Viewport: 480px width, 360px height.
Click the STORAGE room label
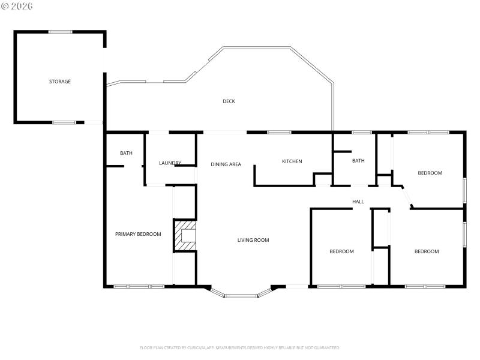60,82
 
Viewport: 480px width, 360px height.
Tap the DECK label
229,101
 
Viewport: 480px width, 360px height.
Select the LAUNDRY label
170,163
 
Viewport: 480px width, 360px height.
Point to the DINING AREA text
226,164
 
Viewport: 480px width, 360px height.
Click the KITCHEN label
292,161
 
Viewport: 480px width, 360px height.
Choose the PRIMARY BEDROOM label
138,234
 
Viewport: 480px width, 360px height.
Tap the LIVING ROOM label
253,240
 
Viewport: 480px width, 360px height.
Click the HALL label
358,202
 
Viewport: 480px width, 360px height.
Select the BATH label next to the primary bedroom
126,153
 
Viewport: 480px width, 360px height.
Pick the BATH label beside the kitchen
358,161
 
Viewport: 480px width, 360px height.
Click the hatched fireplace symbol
185,236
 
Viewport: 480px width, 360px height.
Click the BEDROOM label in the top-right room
430,173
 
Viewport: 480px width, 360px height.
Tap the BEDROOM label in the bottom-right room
427,251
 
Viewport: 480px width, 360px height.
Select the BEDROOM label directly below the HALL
341,251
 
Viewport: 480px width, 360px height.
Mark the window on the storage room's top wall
60,32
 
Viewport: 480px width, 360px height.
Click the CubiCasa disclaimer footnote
240,347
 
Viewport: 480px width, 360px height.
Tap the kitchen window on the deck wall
279,132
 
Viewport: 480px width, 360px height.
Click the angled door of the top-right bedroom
406,197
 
